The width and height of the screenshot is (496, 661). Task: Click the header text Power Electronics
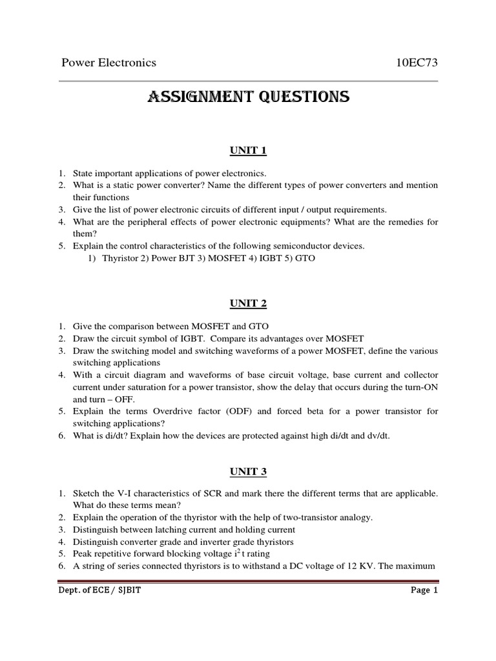(108, 63)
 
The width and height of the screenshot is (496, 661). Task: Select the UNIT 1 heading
(249, 151)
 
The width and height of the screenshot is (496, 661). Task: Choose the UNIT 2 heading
(249, 303)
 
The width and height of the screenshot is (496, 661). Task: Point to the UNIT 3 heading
(249, 472)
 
